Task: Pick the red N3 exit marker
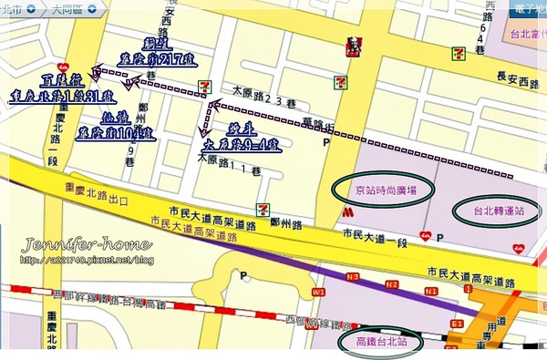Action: pyautogui.click(x=353, y=276)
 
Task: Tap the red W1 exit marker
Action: pyautogui.click(x=318, y=293)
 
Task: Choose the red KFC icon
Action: pyautogui.click(x=354, y=46)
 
